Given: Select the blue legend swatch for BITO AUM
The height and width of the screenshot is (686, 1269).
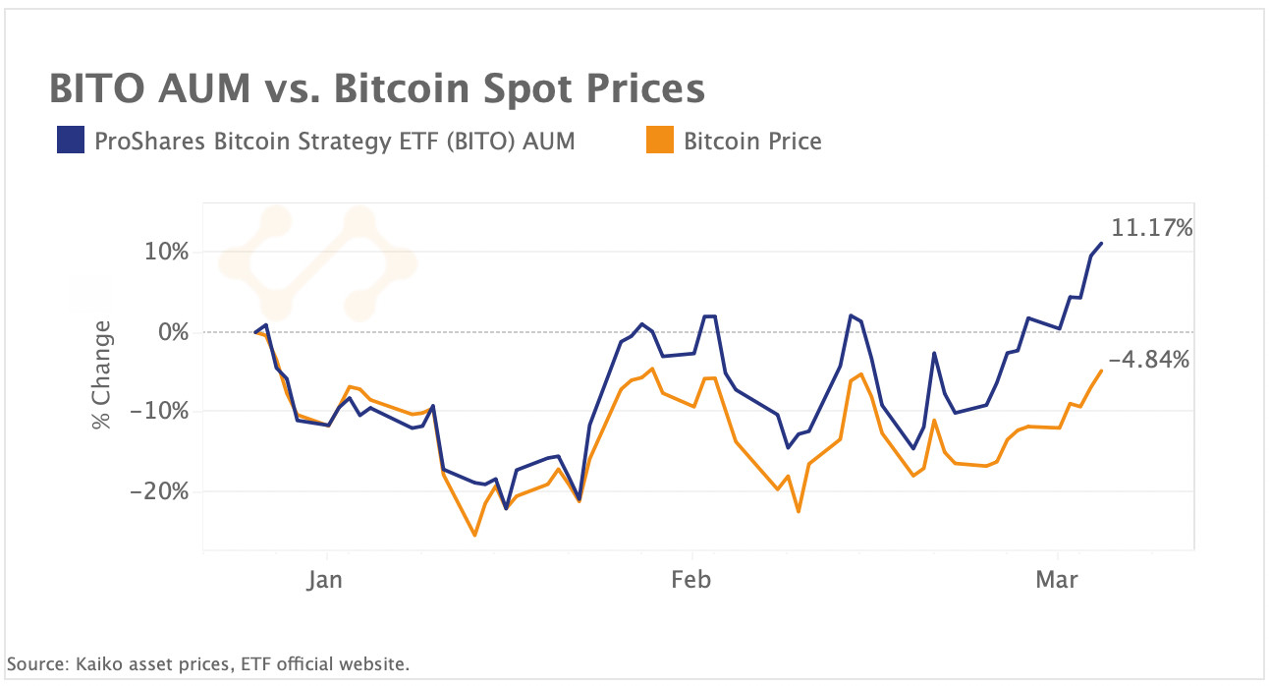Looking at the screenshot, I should [x=71, y=141].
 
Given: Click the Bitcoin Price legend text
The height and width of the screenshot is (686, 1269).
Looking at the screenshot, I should [x=752, y=141].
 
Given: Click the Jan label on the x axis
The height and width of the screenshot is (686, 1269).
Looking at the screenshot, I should [x=324, y=580].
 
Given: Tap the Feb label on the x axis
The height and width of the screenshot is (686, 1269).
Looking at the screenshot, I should [x=690, y=580].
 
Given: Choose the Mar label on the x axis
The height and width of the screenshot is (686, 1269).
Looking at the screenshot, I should [x=1057, y=580].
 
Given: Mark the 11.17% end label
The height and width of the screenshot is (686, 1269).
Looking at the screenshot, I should [x=1152, y=229].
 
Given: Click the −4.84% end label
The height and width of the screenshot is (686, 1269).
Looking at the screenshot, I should [x=1149, y=360].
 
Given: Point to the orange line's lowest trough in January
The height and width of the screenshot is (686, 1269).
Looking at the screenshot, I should [x=475, y=535].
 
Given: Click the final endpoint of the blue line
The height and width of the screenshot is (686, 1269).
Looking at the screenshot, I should [x=1101, y=243].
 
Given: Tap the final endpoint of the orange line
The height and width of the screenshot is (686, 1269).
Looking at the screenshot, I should [x=1101, y=371].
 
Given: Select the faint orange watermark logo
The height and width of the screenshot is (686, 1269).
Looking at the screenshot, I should [x=316, y=262].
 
